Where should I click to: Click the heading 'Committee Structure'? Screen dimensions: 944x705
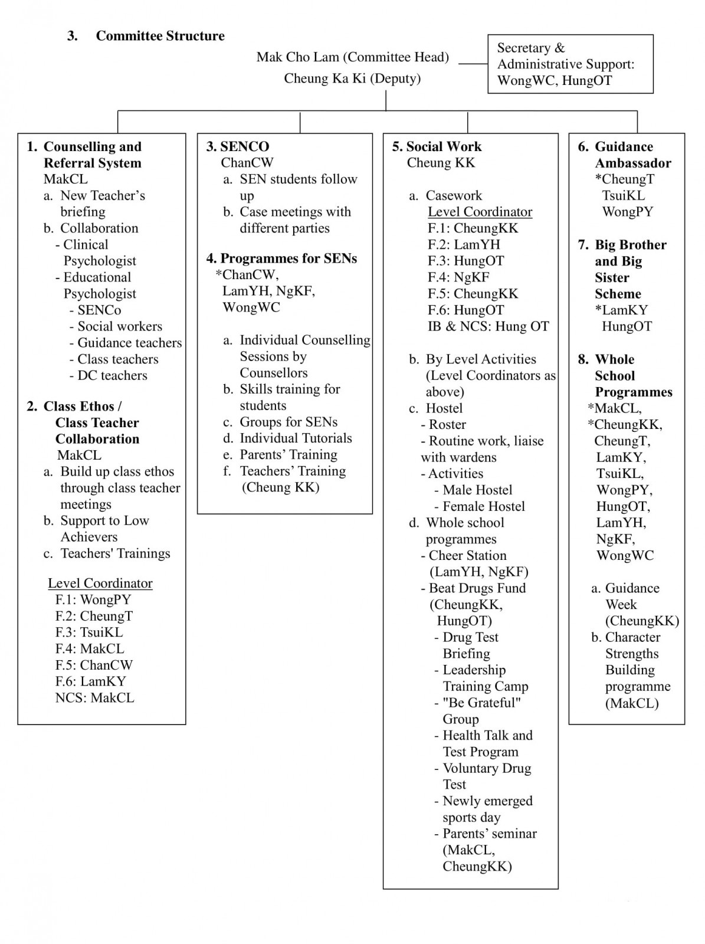[x=160, y=36]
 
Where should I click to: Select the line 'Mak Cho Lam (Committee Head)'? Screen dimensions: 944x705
[x=352, y=57]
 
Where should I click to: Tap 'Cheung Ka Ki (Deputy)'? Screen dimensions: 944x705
[x=352, y=78]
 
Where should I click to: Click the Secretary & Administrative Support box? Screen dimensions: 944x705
[x=570, y=64]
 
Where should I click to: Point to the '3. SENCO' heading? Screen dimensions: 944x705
[x=238, y=146]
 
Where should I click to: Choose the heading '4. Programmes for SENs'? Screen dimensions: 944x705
[x=281, y=258]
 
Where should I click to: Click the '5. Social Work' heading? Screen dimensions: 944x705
[x=437, y=146]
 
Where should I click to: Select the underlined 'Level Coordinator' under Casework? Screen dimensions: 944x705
[x=480, y=212]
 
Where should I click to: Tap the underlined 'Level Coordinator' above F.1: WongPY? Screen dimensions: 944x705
[x=100, y=584]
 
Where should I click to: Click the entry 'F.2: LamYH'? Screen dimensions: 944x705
[x=464, y=245]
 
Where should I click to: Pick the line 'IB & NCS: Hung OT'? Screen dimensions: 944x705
[x=488, y=326]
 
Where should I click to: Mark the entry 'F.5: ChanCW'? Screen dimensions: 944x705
[x=94, y=665]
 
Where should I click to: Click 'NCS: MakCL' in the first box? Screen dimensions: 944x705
[x=94, y=698]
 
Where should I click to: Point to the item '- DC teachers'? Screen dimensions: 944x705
[x=108, y=376]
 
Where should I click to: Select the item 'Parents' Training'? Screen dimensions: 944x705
[x=288, y=455]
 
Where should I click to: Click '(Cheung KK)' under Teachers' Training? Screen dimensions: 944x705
[x=280, y=487]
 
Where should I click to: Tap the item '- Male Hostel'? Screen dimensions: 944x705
[x=473, y=490]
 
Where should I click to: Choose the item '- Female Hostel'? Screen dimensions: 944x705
[x=479, y=506]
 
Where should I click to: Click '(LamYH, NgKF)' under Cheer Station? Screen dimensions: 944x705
[x=478, y=572]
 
